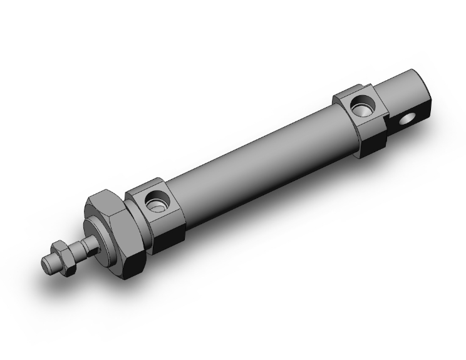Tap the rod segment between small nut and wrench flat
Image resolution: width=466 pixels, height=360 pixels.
coord(76,247)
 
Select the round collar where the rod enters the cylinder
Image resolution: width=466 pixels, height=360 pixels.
coord(101,236)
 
